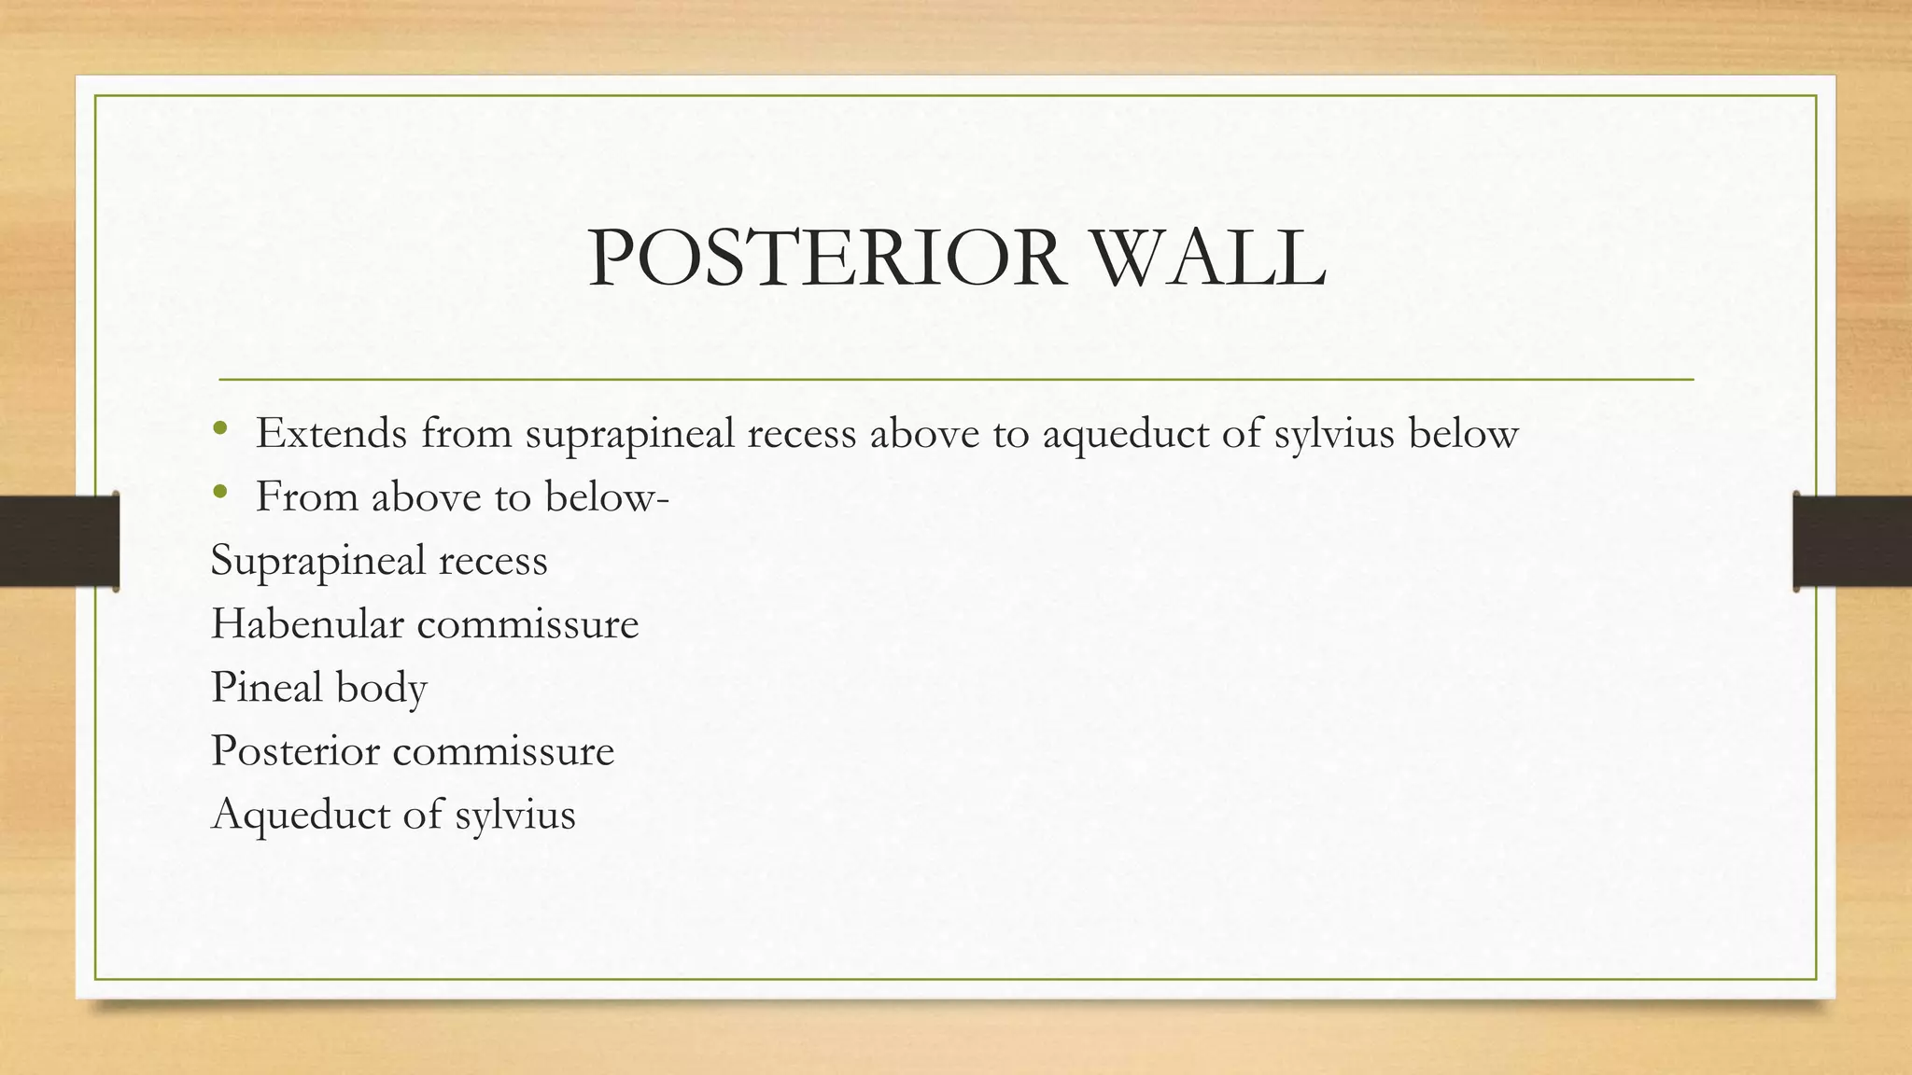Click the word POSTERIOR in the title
tap(826, 258)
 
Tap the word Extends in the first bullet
tap(331, 433)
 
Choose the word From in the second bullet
tap(307, 496)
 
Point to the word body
tap(382, 689)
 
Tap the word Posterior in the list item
tap(295, 750)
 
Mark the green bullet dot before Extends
tap(219, 429)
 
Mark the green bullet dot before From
tap(219, 492)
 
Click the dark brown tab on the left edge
tap(59, 541)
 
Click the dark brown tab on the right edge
tap(1852, 541)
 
